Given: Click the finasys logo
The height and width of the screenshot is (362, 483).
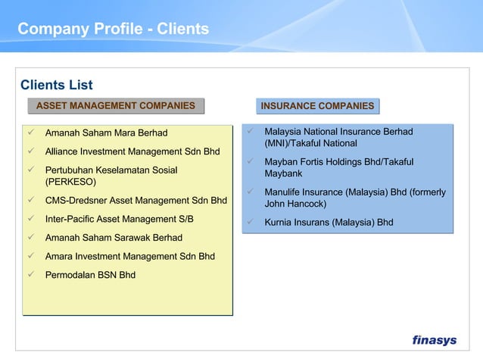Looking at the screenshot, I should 434,340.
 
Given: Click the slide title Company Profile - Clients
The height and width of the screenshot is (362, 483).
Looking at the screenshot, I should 114,30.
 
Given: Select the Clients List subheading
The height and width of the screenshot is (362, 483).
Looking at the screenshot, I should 56,85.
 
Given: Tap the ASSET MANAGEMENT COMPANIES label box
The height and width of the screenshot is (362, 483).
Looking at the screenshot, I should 116,106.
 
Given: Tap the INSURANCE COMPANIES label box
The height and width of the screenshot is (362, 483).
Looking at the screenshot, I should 317,106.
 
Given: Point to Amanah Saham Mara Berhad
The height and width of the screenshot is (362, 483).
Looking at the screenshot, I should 106,133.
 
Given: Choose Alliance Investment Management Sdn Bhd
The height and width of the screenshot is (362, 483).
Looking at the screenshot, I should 132,151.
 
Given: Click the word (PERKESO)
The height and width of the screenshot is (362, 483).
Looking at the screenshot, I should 70,183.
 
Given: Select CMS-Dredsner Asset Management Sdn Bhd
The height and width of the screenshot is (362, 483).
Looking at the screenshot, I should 136,201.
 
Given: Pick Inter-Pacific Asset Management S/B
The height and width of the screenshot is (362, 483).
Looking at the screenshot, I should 119,219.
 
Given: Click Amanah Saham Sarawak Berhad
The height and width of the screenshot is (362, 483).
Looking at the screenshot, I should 114,238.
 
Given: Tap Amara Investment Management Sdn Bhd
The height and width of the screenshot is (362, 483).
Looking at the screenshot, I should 129,256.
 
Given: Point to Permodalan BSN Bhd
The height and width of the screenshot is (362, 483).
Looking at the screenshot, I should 90,274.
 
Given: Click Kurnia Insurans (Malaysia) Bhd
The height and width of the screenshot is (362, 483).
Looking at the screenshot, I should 329,223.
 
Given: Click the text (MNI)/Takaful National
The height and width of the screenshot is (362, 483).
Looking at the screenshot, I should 310,143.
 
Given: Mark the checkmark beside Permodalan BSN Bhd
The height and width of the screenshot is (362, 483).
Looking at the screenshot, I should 31,274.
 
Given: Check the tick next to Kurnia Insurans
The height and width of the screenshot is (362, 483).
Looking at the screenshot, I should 250,223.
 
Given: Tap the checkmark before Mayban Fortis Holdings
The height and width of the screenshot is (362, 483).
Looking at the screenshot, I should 250,161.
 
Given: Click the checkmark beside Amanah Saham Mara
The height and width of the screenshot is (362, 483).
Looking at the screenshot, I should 31,133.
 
